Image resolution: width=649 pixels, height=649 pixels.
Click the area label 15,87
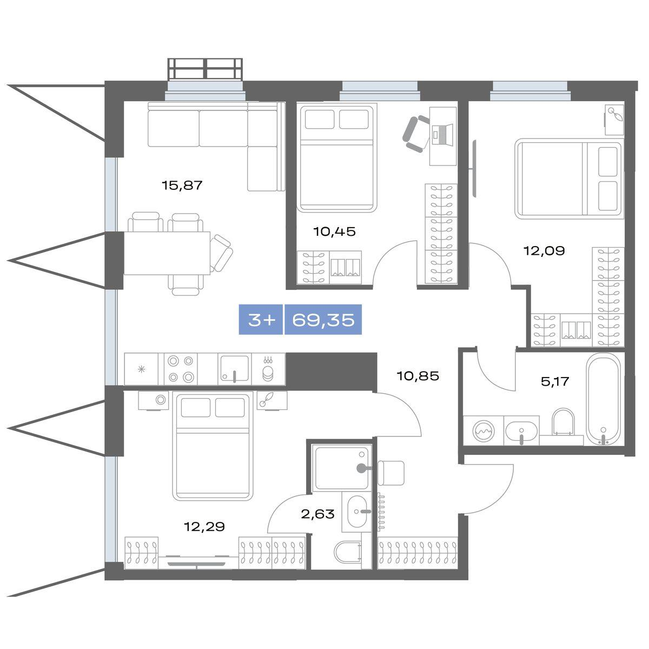(182, 186)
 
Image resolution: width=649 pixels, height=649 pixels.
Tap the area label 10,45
(334, 231)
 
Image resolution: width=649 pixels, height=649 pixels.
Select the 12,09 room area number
(544, 251)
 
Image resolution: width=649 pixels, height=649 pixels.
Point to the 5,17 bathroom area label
(555, 382)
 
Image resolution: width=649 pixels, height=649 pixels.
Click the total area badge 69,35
(323, 320)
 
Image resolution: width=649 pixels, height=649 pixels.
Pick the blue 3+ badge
(261, 320)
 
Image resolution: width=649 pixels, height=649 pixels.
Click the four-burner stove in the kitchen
(181, 369)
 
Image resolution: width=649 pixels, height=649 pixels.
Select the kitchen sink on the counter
(234, 369)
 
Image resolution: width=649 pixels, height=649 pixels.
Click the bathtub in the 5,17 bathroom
(603, 399)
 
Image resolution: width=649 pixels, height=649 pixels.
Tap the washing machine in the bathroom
(484, 431)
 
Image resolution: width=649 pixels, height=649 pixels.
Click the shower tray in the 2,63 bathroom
(341, 467)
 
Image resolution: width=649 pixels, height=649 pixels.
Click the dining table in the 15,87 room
(167, 253)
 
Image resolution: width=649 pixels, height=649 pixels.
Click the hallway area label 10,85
(418, 376)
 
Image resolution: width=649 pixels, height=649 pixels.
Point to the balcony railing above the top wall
(206, 70)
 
